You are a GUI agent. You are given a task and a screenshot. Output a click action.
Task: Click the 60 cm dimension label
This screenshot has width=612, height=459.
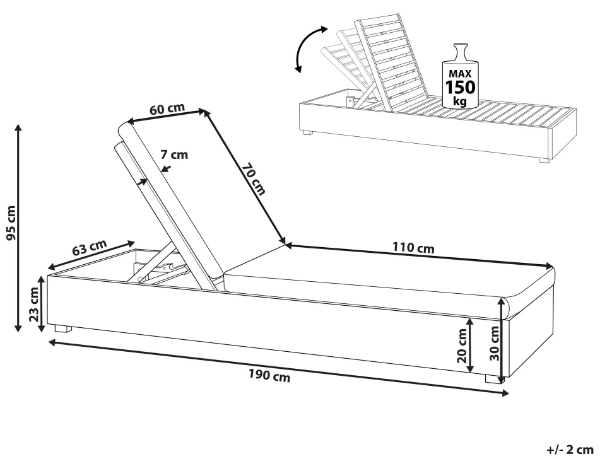click(x=167, y=108)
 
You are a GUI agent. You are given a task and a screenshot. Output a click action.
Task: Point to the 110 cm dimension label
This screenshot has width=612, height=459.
click(x=413, y=248)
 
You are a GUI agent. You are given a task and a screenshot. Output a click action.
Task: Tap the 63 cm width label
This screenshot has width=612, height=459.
click(x=89, y=247)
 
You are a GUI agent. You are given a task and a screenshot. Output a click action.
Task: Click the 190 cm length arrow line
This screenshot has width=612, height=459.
click(x=278, y=368)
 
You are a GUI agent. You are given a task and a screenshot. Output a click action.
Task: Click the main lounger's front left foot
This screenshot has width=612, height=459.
click(x=62, y=328)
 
